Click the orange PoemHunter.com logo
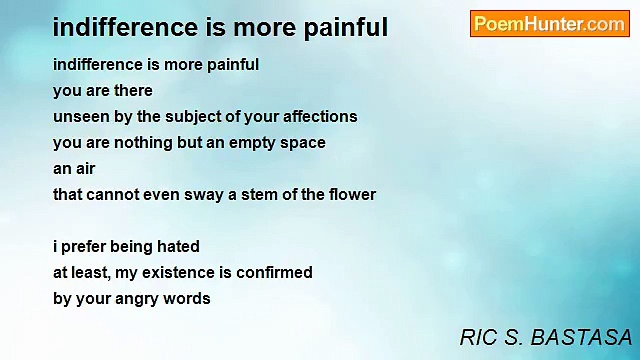coord(550,24)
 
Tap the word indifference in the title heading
coord(125,27)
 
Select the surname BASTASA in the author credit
coord(581,337)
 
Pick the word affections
coord(320,117)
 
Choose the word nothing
coord(143,143)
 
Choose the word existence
coord(178,273)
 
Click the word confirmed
coord(274,273)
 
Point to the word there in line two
coord(133,91)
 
